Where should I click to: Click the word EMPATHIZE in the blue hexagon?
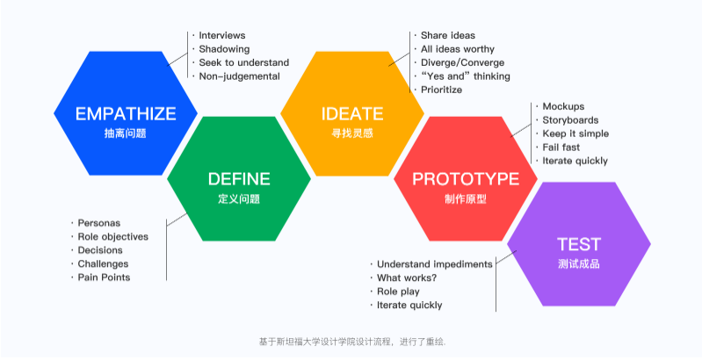(125, 113)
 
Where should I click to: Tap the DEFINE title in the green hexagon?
(239, 179)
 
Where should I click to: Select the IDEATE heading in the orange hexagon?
(351, 113)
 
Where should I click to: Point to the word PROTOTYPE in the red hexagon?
(466, 179)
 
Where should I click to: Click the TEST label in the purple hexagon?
(579, 244)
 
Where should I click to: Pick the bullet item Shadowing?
(224, 49)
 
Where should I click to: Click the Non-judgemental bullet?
(239, 76)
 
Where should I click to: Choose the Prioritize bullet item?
(441, 90)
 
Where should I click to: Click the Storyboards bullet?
(570, 120)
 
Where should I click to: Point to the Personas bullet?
(99, 223)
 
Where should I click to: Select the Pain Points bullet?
(104, 277)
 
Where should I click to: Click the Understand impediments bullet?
(434, 263)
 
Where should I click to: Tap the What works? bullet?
(407, 277)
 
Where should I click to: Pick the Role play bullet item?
(400, 292)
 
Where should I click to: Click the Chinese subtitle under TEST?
(579, 263)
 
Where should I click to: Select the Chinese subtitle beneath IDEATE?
(351, 133)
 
